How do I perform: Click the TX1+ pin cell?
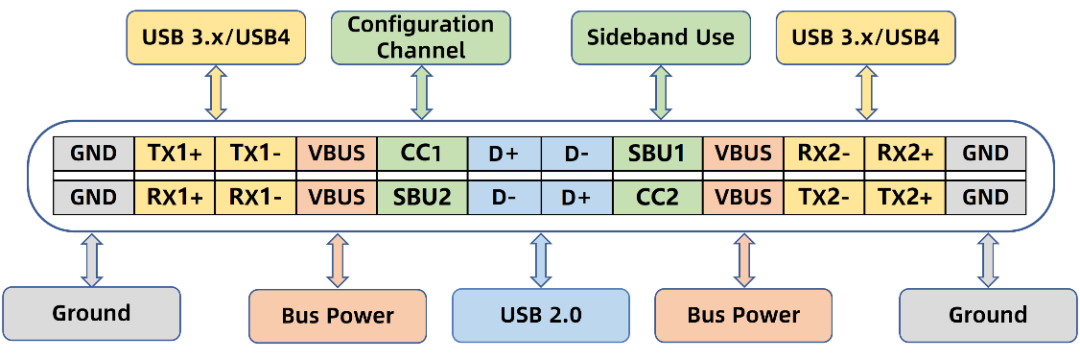tap(175, 153)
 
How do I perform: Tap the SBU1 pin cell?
tap(657, 153)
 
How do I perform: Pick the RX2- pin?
tap(824, 153)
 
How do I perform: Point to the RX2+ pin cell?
tap(905, 153)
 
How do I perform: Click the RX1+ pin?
tap(175, 198)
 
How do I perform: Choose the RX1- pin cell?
tap(256, 198)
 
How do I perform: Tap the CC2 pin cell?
tap(657, 198)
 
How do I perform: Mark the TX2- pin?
tap(824, 198)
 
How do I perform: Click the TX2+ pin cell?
tap(905, 198)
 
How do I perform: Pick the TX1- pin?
tap(256, 153)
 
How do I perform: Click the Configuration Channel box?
tap(421, 38)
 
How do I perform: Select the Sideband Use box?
tap(661, 38)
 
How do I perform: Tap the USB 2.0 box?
tap(541, 316)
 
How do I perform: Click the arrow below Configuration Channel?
tap(421, 93)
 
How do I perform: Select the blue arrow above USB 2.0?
tap(541, 260)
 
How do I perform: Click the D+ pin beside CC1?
tap(504, 153)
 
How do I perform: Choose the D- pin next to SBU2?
tap(504, 198)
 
